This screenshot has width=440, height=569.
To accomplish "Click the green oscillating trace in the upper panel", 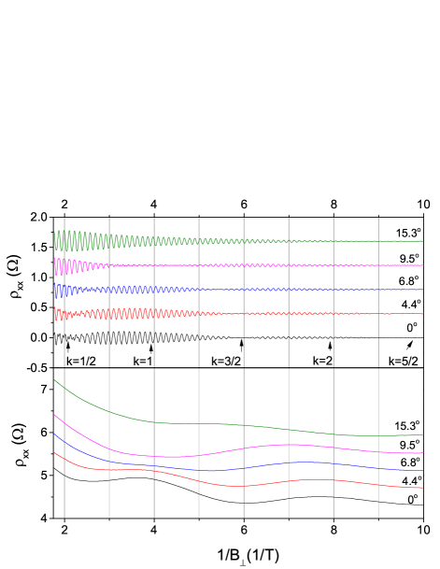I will click(x=187, y=241).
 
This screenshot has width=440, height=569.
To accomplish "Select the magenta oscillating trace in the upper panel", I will click(x=187, y=265).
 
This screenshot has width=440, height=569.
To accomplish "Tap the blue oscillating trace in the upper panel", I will click(x=187, y=290).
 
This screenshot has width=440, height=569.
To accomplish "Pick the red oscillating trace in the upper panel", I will click(x=187, y=313).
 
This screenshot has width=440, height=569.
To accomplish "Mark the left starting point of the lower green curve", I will click(x=54, y=379).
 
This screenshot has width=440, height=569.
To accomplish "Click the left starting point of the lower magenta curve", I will click(x=54, y=415).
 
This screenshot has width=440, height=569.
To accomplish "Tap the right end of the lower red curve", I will click(x=422, y=488).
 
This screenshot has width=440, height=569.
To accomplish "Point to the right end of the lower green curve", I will click(x=422, y=434).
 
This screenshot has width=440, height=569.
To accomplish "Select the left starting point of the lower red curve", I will click(x=54, y=452).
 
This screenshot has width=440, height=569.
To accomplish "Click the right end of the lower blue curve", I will click(x=422, y=471).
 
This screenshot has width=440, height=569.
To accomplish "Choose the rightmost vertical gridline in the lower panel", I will click(x=378, y=495).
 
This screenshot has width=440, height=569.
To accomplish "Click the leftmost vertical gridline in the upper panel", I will click(x=64, y=224).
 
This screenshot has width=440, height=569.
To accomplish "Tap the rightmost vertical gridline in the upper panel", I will click(x=378, y=224).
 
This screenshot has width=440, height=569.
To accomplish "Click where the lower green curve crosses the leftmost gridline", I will click(x=64, y=388).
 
